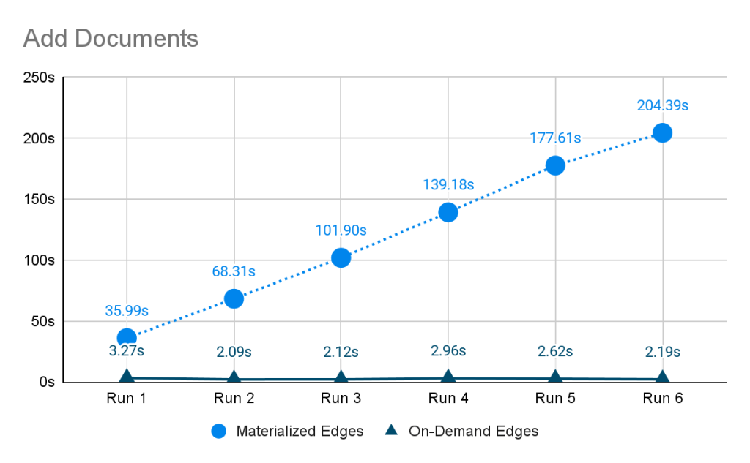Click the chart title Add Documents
(x=111, y=38)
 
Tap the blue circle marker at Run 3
(x=341, y=258)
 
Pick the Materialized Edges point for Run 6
(x=662, y=133)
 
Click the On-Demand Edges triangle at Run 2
(x=234, y=377)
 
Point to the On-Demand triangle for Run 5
(x=555, y=377)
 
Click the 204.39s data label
(x=662, y=105)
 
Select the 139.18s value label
(x=448, y=184)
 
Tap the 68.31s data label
(x=234, y=271)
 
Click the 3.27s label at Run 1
(x=127, y=350)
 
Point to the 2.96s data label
(x=448, y=350)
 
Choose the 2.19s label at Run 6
(x=662, y=352)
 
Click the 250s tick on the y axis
(x=40, y=78)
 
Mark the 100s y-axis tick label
(x=40, y=260)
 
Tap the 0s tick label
(x=47, y=383)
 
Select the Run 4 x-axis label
(x=448, y=398)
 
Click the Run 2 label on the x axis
(x=234, y=398)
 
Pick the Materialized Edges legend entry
(x=287, y=432)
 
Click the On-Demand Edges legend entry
(x=461, y=432)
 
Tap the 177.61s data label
(x=555, y=138)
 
